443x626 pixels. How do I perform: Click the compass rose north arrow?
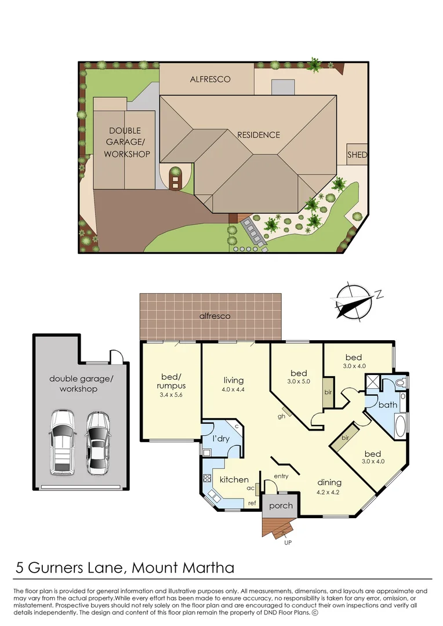click(354, 302)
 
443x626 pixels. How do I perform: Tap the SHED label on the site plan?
click(357, 155)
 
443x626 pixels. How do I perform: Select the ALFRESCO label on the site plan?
click(210, 79)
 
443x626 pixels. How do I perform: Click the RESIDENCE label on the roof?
click(259, 134)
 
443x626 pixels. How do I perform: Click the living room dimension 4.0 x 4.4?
click(234, 390)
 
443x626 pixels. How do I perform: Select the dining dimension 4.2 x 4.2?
click(329, 492)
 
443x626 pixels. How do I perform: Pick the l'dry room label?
click(221, 439)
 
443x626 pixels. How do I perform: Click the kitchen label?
click(234, 479)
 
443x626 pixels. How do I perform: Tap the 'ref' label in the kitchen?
click(252, 503)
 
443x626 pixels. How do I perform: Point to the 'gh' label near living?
click(281, 416)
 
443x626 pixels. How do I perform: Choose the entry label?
click(281, 476)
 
